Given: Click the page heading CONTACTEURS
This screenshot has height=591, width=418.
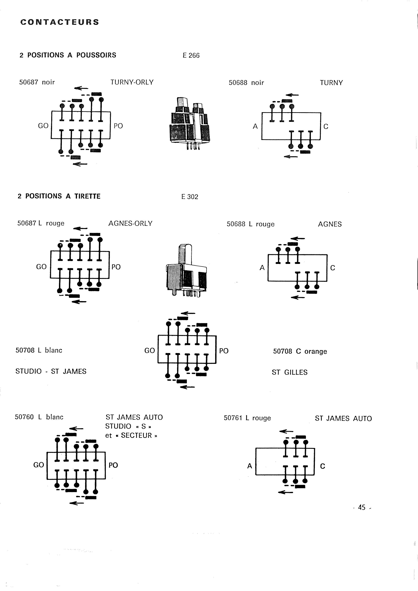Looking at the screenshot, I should click(60, 22).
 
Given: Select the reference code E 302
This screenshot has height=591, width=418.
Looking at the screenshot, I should click(190, 197).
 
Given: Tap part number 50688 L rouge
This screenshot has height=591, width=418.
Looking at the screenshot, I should click(250, 224).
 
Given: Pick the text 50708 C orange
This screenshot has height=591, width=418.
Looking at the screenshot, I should click(300, 352).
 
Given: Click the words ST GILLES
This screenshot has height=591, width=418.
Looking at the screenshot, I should click(290, 372).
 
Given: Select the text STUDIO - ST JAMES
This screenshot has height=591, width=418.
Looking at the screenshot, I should click(51, 371).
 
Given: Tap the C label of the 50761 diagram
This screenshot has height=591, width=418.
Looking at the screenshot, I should click(322, 466).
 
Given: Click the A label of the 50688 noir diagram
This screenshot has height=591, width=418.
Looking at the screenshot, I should click(255, 126).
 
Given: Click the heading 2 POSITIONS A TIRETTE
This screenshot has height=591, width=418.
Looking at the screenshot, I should click(59, 196).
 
